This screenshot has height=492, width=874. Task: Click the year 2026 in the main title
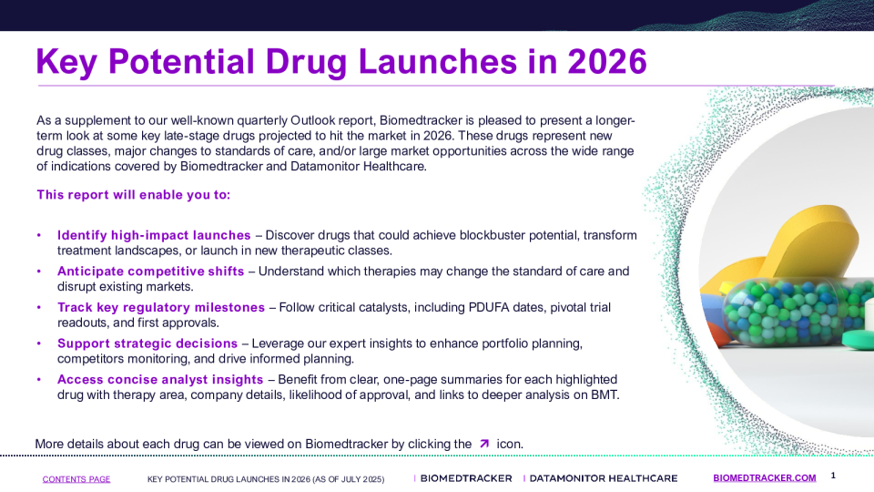(x=607, y=61)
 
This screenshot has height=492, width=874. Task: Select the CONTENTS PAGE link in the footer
(x=76, y=479)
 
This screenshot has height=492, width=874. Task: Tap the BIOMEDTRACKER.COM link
(x=764, y=478)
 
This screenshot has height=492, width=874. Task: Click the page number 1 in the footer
(x=833, y=476)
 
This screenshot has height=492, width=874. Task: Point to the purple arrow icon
(x=484, y=444)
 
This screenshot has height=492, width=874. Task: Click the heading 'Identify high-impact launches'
(x=154, y=235)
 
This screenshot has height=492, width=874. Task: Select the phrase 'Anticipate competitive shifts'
(x=150, y=272)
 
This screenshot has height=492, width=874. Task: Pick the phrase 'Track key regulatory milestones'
(x=161, y=307)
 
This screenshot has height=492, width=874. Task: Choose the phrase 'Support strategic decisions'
(x=147, y=343)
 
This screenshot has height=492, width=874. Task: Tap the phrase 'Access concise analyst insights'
(x=160, y=379)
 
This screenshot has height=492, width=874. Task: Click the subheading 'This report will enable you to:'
(x=134, y=195)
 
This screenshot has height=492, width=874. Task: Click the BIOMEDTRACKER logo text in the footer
(x=466, y=478)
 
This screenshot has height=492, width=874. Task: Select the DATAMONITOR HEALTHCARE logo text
(x=604, y=478)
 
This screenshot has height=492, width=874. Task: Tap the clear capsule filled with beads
(x=798, y=312)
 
